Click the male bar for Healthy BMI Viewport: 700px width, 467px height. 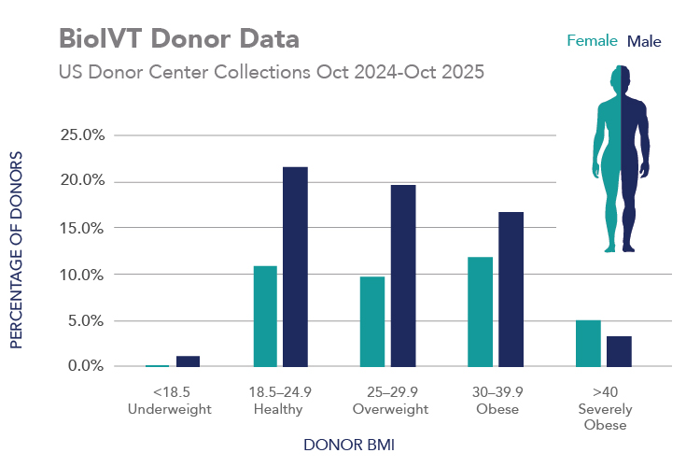295,267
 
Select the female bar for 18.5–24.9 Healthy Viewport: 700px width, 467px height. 265,317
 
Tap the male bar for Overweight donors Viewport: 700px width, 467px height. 403,276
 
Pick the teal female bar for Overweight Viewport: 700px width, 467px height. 372,321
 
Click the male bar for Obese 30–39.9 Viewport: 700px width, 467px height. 511,290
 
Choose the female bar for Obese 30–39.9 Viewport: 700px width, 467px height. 481,312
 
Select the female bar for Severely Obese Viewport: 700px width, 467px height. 588,344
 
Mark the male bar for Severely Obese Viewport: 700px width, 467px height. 619,352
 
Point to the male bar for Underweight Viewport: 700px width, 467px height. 188,361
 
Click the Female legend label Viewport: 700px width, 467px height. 592,41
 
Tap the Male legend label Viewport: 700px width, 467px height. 644,41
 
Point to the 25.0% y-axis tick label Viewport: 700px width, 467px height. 82,134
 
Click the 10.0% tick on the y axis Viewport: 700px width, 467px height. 82,275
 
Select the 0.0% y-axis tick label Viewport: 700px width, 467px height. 86,365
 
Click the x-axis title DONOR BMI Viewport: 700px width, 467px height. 349,445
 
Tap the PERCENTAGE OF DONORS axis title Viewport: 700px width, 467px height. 16,249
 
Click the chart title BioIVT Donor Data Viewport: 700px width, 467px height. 179,38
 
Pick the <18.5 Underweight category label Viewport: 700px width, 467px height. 170,401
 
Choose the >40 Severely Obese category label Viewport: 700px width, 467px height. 605,408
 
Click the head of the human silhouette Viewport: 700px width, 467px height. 621,78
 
